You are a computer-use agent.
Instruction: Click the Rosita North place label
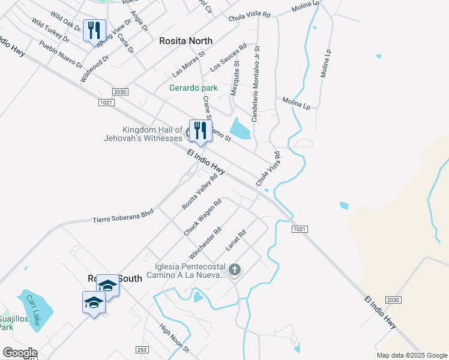click(x=185, y=41)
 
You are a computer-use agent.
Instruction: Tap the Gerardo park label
click(x=193, y=88)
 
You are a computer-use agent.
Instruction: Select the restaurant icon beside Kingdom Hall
click(x=198, y=130)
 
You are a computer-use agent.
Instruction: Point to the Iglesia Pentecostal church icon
click(x=235, y=270)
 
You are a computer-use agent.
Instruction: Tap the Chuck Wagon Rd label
click(x=203, y=217)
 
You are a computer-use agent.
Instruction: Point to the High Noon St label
click(x=174, y=338)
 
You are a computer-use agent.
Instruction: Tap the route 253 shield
click(x=142, y=349)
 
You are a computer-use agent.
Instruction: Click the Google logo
click(x=19, y=353)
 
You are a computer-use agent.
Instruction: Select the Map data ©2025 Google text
click(x=411, y=355)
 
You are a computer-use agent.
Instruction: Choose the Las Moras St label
click(x=188, y=64)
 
